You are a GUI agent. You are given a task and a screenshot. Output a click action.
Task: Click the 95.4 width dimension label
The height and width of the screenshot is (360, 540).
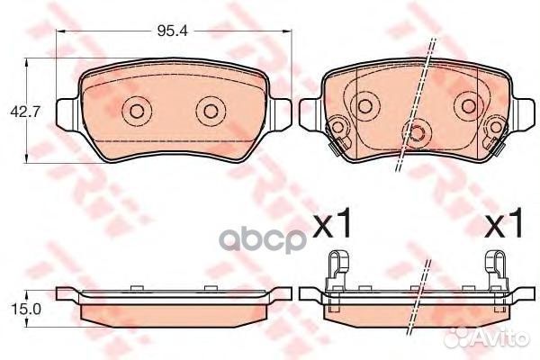pyautogui.click(x=170, y=32)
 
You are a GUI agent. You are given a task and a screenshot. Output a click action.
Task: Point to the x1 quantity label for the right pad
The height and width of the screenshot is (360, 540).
pyautogui.click(x=504, y=225)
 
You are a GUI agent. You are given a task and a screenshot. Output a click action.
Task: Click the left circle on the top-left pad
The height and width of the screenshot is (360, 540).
pyautogui.click(x=136, y=112)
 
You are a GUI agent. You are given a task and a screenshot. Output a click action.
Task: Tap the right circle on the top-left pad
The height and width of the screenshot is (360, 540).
pyautogui.click(x=211, y=112)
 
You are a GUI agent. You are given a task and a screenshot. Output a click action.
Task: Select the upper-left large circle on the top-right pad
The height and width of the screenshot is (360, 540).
pyautogui.click(x=366, y=106)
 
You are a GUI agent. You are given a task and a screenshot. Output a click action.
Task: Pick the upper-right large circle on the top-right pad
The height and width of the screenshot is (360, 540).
pyautogui.click(x=468, y=106)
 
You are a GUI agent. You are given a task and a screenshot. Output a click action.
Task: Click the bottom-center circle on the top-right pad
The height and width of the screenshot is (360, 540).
pyautogui.click(x=417, y=134)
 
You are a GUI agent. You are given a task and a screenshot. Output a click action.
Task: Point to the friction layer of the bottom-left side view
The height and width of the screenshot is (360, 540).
pyautogui.click(x=171, y=309)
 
